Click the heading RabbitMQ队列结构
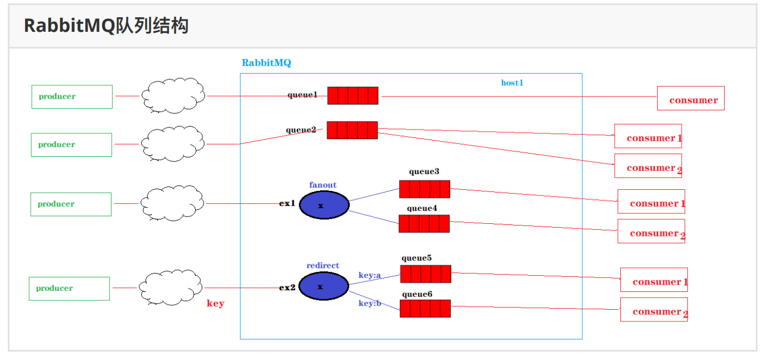106,26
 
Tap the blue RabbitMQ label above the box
266,63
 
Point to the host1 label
512,83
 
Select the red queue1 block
353,95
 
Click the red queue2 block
352,130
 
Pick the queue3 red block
424,189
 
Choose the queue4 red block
423,224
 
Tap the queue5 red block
425,274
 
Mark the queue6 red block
424,309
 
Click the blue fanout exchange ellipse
324,205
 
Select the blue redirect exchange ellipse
324,286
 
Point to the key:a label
369,275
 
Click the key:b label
369,303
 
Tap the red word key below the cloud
215,303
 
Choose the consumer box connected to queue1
691,98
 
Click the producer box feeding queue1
72,97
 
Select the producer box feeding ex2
69,289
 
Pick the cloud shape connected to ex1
172,203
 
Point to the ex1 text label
287,204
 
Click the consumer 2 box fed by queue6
654,310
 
